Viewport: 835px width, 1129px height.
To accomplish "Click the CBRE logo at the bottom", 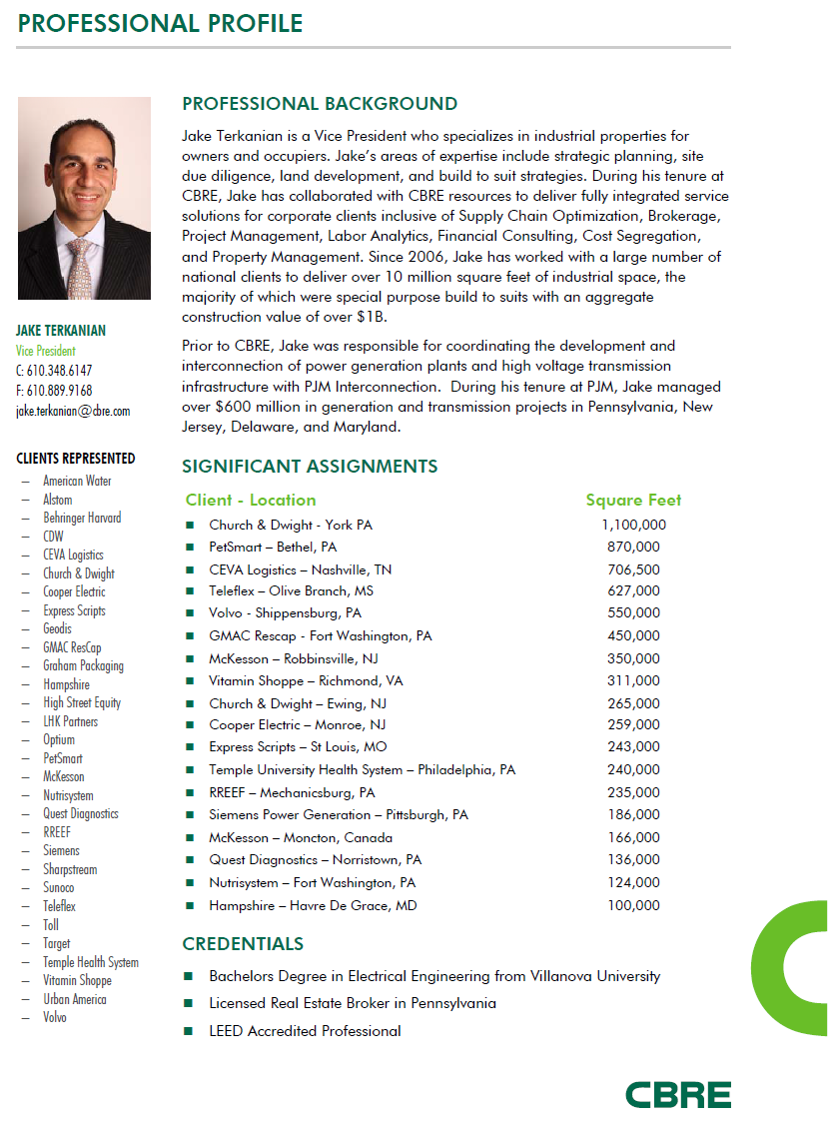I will pyautogui.click(x=678, y=1094).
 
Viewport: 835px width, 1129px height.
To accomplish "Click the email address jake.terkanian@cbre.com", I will pyautogui.click(x=73, y=411).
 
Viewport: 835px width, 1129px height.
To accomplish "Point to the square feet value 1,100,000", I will pyautogui.click(x=633, y=525).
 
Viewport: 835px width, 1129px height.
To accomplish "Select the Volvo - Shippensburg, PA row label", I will pyautogui.click(x=285, y=613).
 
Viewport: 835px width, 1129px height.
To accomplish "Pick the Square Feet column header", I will pyautogui.click(x=633, y=500).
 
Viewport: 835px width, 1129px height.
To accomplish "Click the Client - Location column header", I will pyautogui.click(x=251, y=500).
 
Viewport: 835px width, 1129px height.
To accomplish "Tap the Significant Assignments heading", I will pyautogui.click(x=310, y=467).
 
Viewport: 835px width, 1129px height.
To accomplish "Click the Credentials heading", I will pyautogui.click(x=243, y=944).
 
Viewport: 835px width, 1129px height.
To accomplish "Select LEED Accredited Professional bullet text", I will pyautogui.click(x=305, y=1031).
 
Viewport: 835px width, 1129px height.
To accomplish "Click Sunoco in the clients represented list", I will pyautogui.click(x=59, y=888).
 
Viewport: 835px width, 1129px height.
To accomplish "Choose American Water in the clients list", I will pyautogui.click(x=77, y=481).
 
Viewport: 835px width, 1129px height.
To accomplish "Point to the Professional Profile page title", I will pyautogui.click(x=160, y=22).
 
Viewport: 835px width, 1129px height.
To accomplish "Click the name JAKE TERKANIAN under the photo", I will pyautogui.click(x=61, y=331).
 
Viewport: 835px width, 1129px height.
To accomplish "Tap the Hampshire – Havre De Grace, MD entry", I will pyautogui.click(x=313, y=906).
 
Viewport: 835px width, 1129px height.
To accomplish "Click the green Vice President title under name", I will pyautogui.click(x=45, y=351).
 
